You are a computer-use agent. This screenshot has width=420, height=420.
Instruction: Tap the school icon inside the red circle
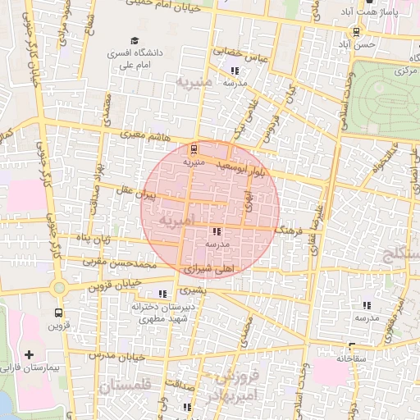pyautogui.click(x=216, y=232)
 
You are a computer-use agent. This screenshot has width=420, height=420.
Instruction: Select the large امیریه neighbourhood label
pyautogui.click(x=178, y=220)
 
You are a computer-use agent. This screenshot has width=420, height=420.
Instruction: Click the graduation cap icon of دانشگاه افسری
pyautogui.click(x=135, y=40)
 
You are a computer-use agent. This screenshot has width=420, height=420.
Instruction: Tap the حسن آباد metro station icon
pyautogui.click(x=355, y=32)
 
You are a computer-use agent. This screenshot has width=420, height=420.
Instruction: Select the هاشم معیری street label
pyautogui.click(x=130, y=131)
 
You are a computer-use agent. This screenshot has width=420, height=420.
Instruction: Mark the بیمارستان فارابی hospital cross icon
pyautogui.click(x=30, y=354)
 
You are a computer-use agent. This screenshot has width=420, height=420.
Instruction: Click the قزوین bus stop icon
pyautogui.click(x=57, y=313)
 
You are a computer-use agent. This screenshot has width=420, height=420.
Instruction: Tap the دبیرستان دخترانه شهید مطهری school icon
pyautogui.click(x=162, y=293)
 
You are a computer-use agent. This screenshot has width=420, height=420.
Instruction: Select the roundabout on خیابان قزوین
pyautogui.click(x=58, y=287)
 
